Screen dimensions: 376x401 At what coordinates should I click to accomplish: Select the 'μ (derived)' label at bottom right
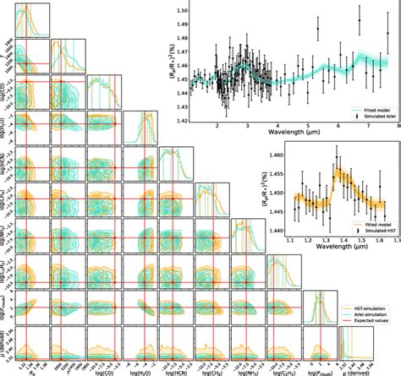[354, 370]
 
